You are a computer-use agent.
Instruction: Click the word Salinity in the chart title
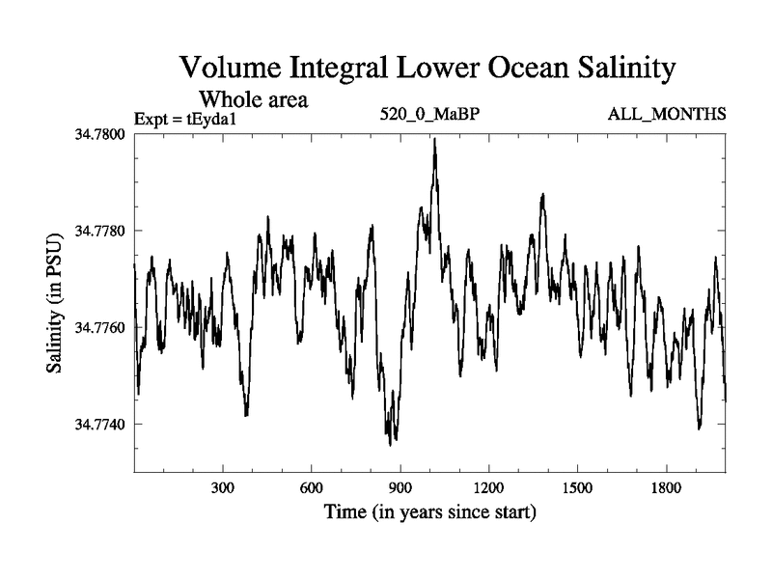[x=611, y=69]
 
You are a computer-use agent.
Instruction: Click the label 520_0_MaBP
[x=430, y=115]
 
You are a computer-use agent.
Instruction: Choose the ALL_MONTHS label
[x=667, y=115]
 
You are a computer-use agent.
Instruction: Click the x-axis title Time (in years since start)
[x=429, y=511]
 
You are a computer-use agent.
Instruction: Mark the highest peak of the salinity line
[x=435, y=139]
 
